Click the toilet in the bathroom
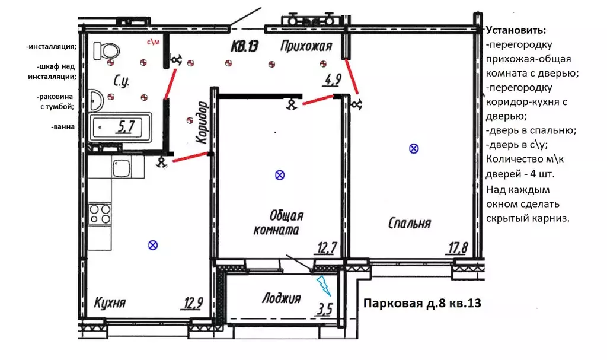[106, 50]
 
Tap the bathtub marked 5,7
[120, 127]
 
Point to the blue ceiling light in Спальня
[414, 148]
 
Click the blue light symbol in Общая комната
[280, 175]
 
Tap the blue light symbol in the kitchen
[153, 245]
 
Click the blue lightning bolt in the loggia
[324, 286]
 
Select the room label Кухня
[110, 302]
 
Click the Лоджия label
[282, 298]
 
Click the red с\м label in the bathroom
[153, 42]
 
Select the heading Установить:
[516, 30]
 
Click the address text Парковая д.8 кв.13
[422, 303]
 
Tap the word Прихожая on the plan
[306, 46]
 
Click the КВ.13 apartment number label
[244, 46]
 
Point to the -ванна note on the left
[63, 126]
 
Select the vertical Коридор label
[202, 122]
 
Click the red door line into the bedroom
[352, 77]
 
